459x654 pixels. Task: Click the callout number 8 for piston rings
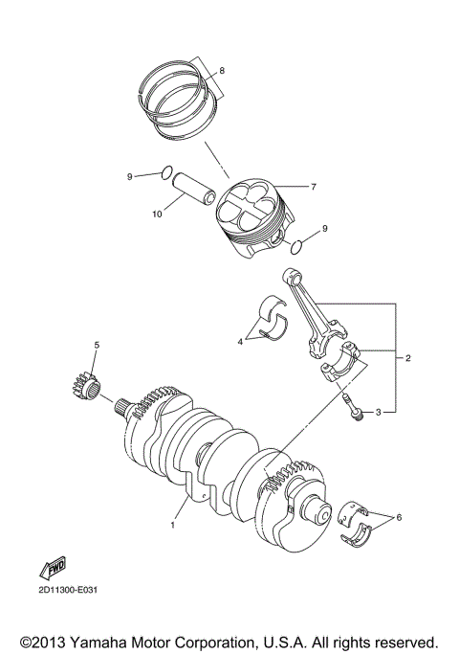(x=222, y=71)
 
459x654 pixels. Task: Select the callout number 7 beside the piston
(x=312, y=185)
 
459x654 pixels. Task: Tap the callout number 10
(x=157, y=214)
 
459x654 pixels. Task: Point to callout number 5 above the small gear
(x=96, y=344)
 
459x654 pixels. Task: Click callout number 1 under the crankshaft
(x=173, y=525)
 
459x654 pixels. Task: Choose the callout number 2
(x=408, y=358)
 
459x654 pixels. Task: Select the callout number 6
(x=400, y=517)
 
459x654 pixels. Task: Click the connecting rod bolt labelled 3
(x=350, y=408)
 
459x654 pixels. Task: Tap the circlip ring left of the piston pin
(x=166, y=173)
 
